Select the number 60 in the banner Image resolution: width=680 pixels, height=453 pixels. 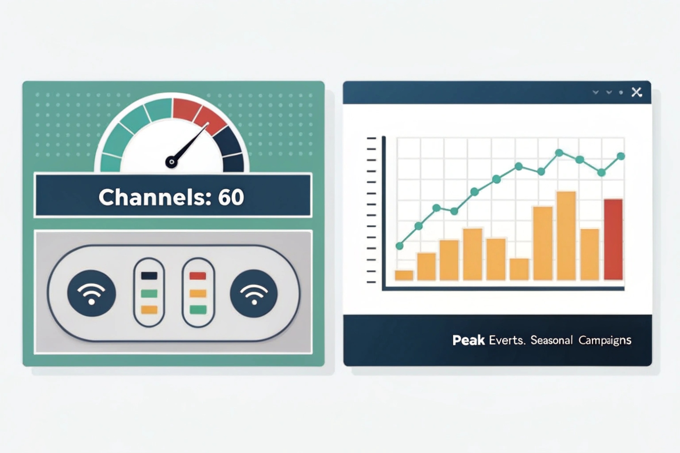click(231, 197)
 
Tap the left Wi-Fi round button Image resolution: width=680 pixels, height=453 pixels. click(92, 294)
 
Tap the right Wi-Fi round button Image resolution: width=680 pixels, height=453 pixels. click(254, 294)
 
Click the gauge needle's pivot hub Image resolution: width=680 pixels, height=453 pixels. click(171, 162)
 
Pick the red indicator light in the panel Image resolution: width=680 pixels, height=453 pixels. click(198, 276)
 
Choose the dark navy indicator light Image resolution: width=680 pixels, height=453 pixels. click(149, 276)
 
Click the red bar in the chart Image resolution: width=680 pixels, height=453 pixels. click(613, 239)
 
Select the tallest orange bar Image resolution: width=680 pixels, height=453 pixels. click(566, 235)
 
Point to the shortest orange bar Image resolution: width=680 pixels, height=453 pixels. click(404, 275)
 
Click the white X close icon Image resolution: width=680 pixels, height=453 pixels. click(637, 92)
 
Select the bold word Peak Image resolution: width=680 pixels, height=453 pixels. click(468, 340)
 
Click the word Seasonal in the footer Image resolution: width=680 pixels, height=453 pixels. click(551, 340)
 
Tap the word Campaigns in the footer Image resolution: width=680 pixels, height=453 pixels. click(604, 340)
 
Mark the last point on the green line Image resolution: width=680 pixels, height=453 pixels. click(621, 156)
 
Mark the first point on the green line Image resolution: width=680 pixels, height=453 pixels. click(400, 246)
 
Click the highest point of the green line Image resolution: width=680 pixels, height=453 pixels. click(559, 153)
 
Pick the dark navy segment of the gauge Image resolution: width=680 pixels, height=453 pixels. click(230, 147)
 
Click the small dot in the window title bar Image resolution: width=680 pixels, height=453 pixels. click(621, 92)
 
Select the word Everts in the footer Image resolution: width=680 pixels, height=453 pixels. click(506, 340)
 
